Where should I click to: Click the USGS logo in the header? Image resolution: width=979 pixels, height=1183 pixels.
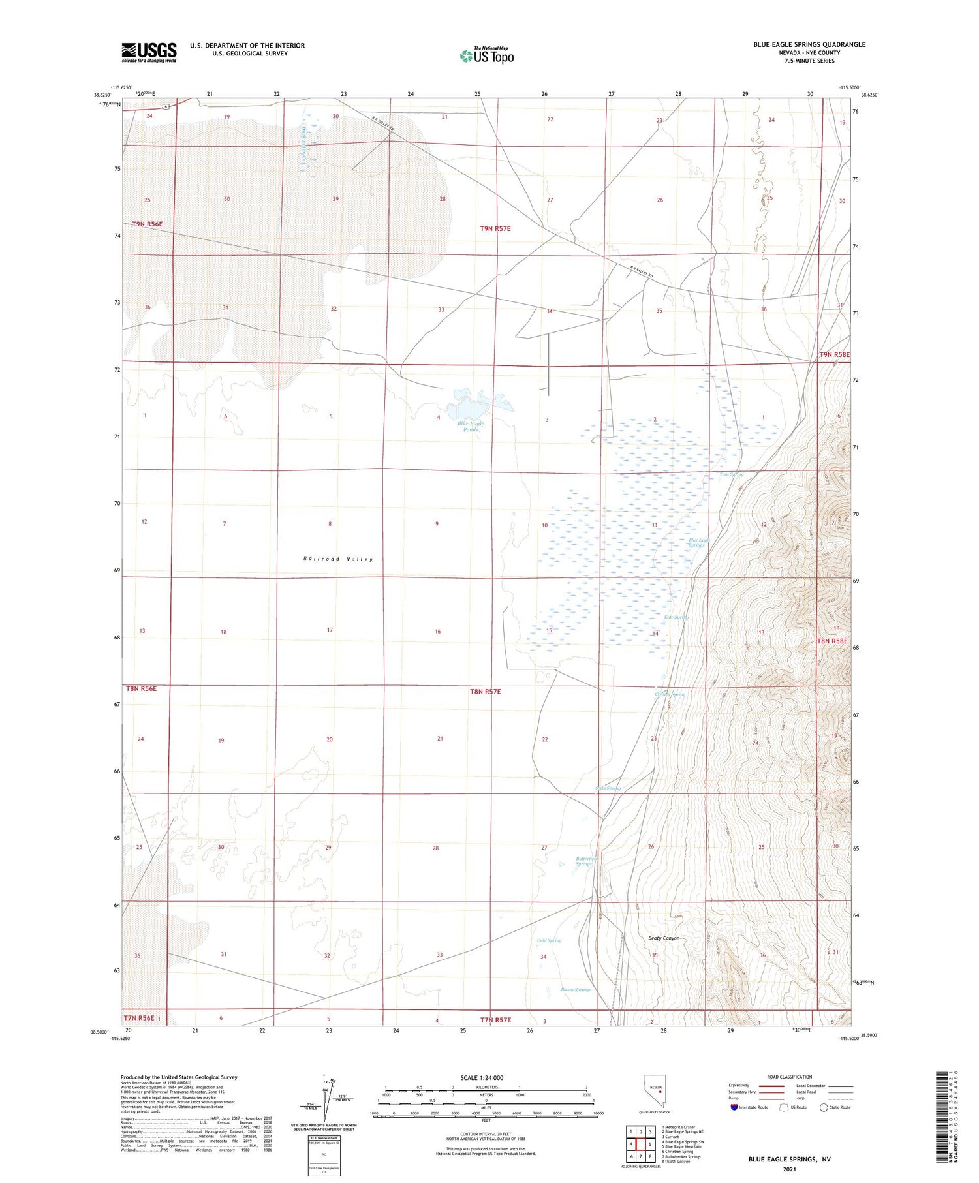pyautogui.click(x=149, y=52)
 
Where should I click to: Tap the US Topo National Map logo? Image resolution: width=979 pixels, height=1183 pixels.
pyautogui.click(x=487, y=55)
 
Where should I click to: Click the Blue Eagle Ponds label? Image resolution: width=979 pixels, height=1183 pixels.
pyautogui.click(x=471, y=426)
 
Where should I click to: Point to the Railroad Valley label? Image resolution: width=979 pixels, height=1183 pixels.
pyautogui.click(x=338, y=559)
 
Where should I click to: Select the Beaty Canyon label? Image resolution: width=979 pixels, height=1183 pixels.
pyautogui.click(x=664, y=938)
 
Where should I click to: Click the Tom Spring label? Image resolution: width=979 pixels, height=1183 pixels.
pyautogui.click(x=731, y=474)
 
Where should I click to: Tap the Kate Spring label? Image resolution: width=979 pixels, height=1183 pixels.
pyautogui.click(x=676, y=617)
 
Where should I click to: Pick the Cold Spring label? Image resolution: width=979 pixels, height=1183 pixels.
pyautogui.click(x=549, y=940)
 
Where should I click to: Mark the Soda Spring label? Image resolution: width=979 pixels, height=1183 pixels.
pyautogui.click(x=608, y=788)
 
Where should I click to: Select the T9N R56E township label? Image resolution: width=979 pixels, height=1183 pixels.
pyautogui.click(x=148, y=224)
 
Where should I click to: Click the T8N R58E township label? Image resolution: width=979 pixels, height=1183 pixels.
pyautogui.click(x=832, y=641)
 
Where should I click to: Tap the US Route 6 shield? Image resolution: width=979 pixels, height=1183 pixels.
pyautogui.click(x=166, y=106)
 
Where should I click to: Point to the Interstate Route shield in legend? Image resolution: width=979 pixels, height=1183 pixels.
pyautogui.click(x=734, y=1107)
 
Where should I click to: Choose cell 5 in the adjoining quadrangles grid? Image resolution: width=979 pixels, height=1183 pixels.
pyautogui.click(x=650, y=1144)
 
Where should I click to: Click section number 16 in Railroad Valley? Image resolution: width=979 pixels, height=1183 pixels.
pyautogui.click(x=437, y=632)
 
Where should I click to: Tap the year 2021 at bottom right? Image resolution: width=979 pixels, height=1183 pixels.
pyautogui.click(x=789, y=1169)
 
